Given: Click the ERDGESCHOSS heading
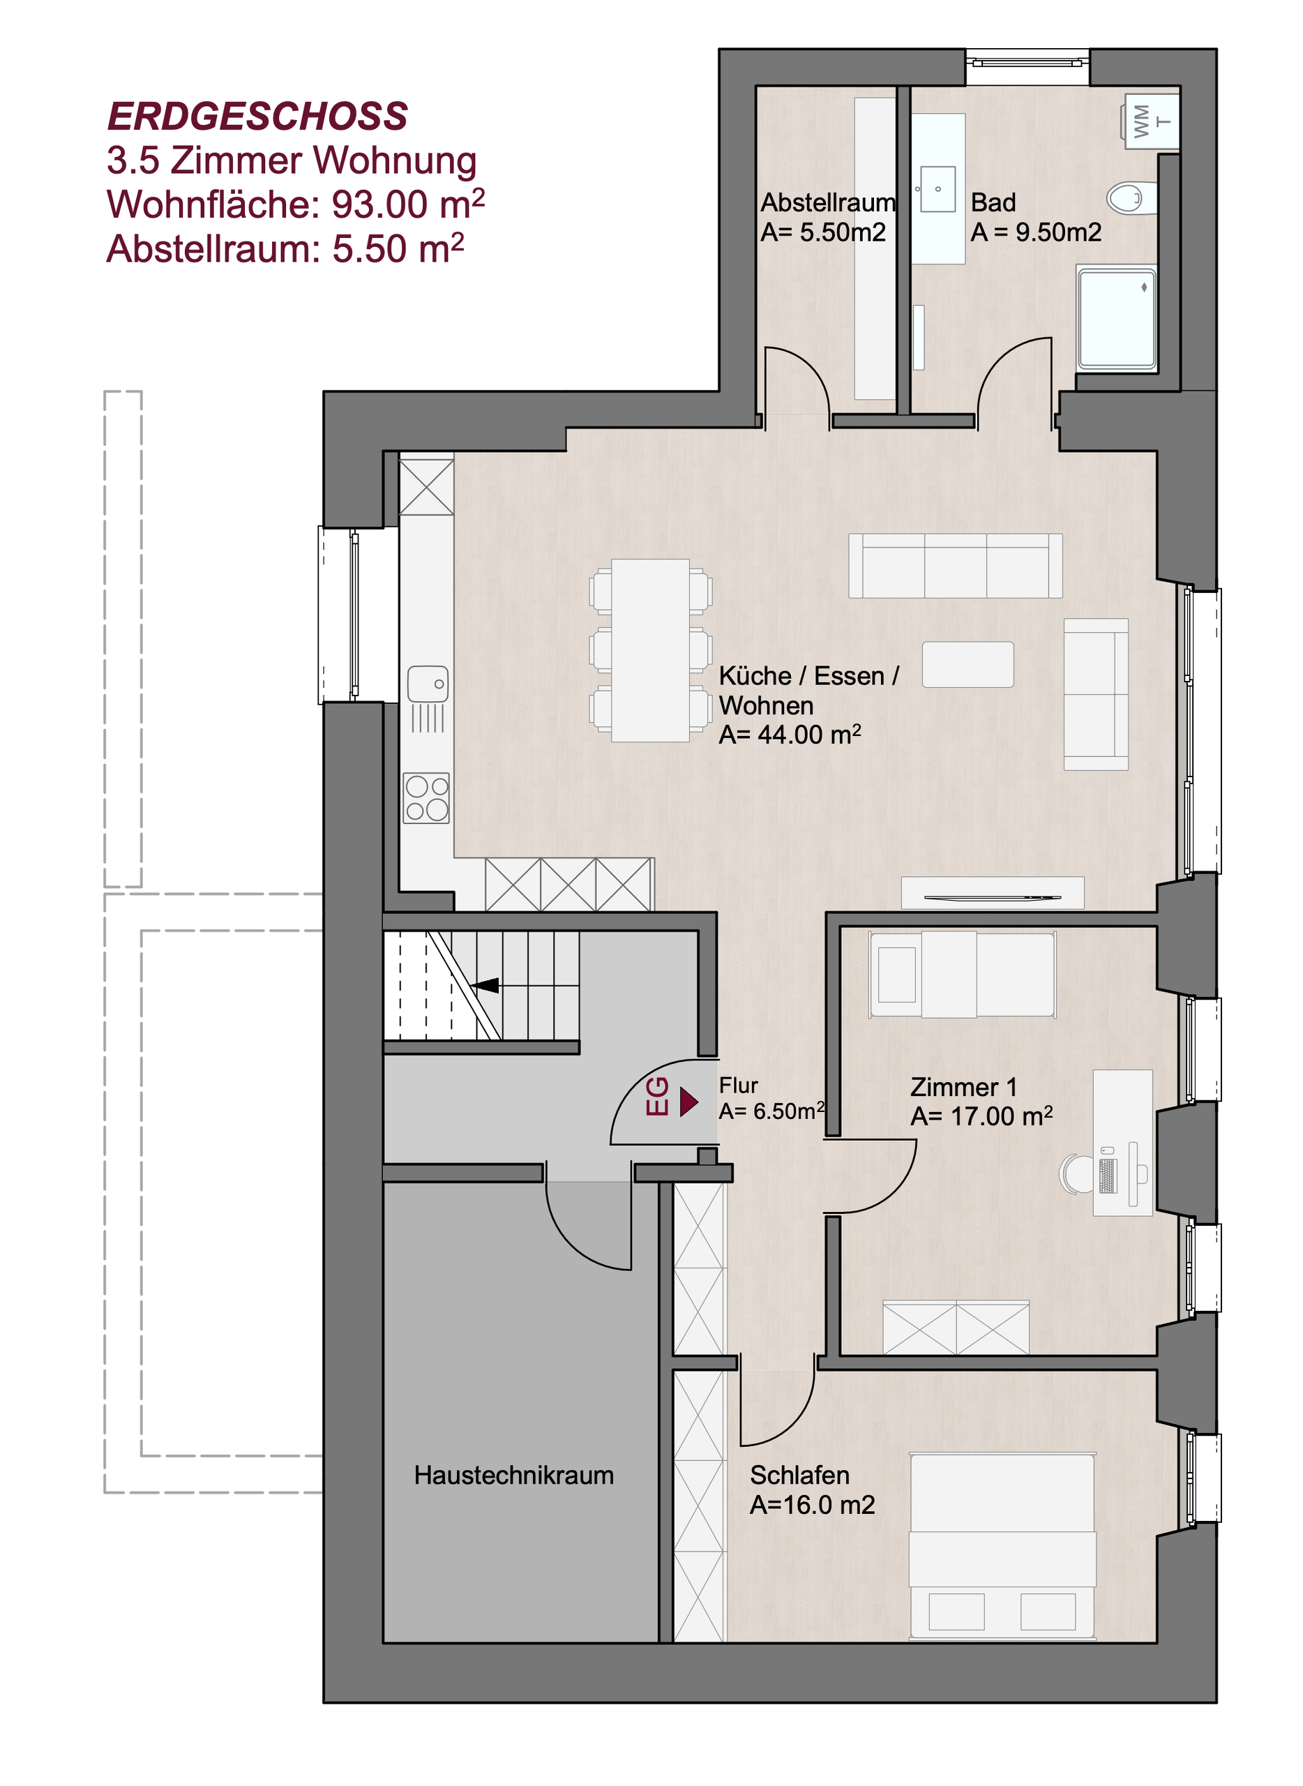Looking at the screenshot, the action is coord(257,117).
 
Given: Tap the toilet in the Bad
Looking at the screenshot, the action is coord(1132,198).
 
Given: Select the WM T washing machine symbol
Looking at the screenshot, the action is coord(1150,121).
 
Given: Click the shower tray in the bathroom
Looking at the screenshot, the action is coord(1117,319).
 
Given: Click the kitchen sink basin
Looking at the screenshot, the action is coord(428,684).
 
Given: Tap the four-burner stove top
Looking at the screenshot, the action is coord(427,798).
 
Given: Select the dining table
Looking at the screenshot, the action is coord(651,651).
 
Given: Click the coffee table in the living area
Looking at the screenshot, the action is coord(967,664).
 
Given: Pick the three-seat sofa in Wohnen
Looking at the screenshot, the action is coord(955,566).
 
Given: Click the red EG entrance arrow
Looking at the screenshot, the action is coord(688,1102).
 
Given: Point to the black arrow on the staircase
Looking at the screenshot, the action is coord(485,985).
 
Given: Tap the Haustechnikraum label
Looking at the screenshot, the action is coord(513,1475).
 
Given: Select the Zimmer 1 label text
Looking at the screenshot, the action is coord(963,1086).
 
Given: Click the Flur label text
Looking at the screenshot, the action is coord(738,1086).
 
